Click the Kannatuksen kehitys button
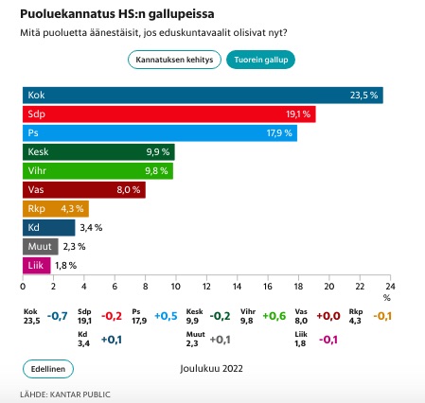point(174,60)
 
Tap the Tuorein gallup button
point(260,60)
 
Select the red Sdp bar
point(169,114)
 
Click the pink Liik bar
point(37,266)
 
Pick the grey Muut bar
point(41,247)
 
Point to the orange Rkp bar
point(56,209)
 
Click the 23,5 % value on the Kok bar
point(363,96)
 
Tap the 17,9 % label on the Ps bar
point(279,133)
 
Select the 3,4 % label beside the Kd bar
point(91,228)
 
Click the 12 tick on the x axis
point(206,287)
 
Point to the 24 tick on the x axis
point(390,287)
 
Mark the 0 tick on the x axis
point(23,287)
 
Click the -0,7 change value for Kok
point(58,316)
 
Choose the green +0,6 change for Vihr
point(274,316)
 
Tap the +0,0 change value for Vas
point(328,316)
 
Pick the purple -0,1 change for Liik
point(328,340)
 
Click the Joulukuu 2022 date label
point(211,369)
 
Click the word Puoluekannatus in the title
point(67,14)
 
